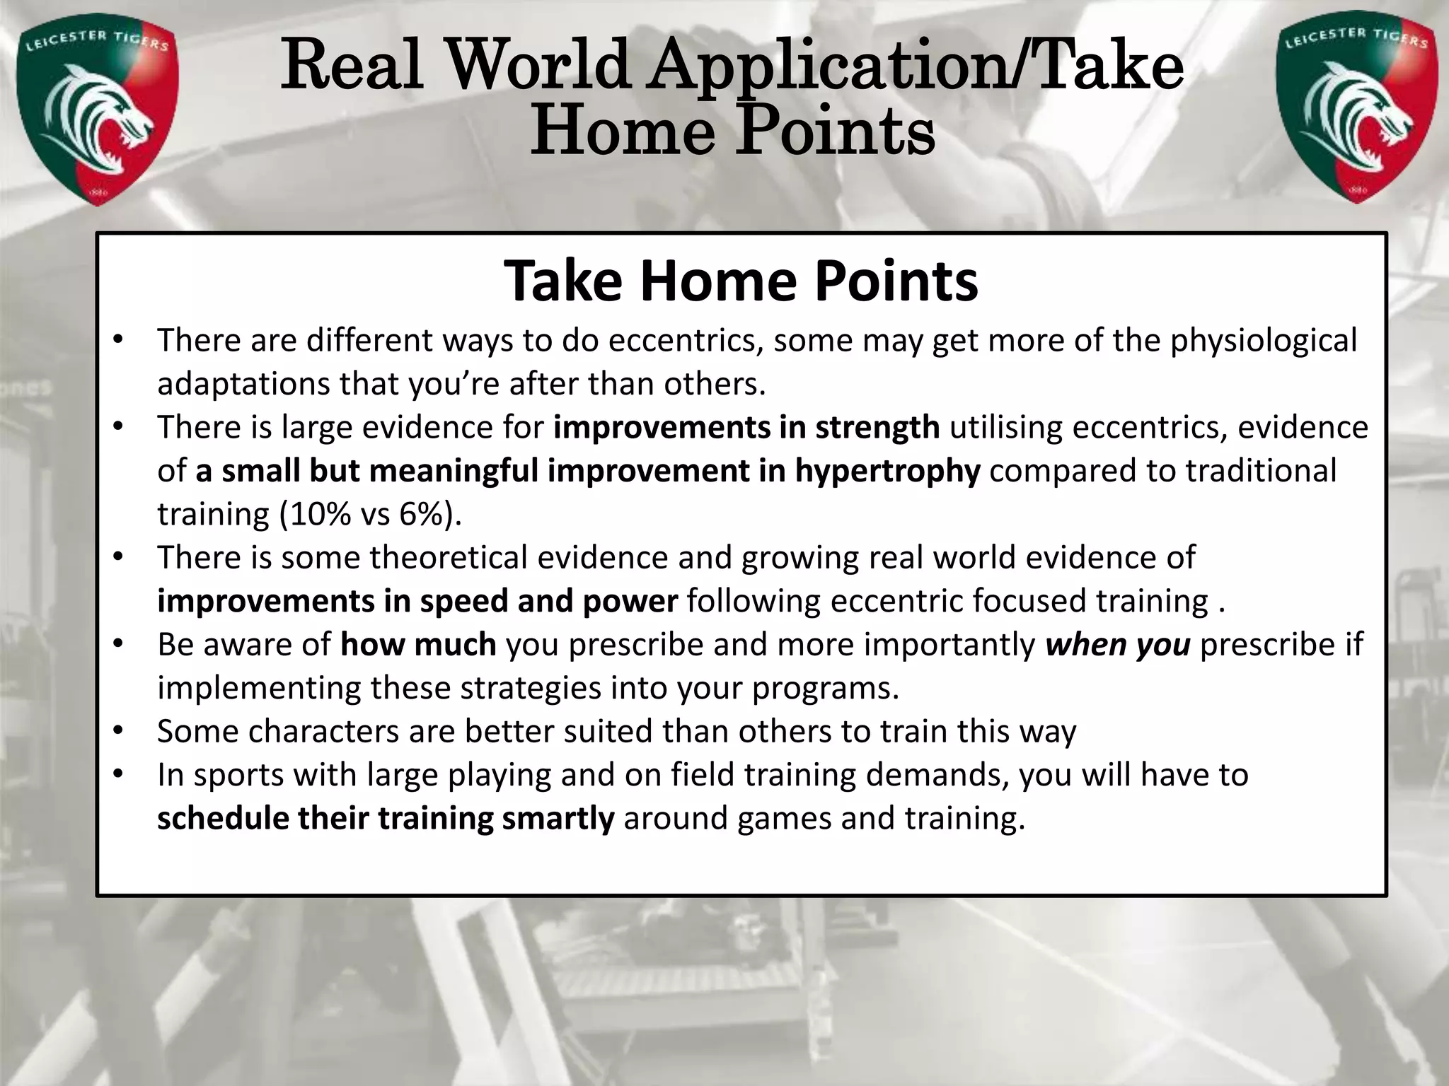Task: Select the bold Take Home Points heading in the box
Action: tap(741, 281)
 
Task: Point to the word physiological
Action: tap(1263, 341)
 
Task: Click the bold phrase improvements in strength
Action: tap(746, 428)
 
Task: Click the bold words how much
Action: tap(418, 645)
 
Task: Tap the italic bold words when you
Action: tap(1118, 645)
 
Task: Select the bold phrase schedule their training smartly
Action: tap(386, 819)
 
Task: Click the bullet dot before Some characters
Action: tap(118, 730)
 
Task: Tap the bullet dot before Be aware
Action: tap(118, 643)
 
